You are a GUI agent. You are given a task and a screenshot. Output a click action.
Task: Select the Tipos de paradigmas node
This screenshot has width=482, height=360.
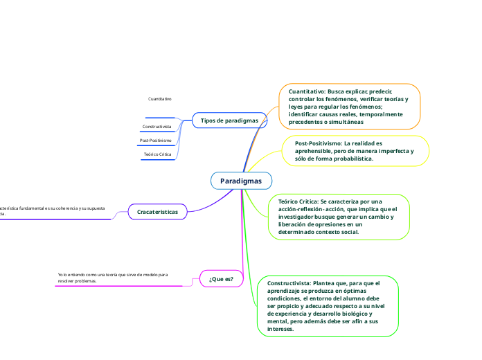tap(229, 120)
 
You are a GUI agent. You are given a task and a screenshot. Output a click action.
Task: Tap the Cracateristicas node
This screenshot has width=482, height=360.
tap(157, 211)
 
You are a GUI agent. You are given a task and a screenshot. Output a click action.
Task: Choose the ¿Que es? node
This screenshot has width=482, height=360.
tap(221, 278)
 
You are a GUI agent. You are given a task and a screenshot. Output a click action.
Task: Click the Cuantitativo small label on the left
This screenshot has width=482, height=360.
tap(160, 99)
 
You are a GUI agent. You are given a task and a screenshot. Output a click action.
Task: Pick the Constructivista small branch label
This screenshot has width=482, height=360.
tap(157, 127)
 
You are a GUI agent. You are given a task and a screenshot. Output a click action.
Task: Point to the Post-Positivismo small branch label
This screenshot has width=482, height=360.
tap(156, 141)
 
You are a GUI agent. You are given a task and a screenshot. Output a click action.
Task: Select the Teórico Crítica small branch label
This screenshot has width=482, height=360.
tap(157, 154)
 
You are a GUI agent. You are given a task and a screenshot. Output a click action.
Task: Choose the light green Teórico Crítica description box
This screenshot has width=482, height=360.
tap(339, 217)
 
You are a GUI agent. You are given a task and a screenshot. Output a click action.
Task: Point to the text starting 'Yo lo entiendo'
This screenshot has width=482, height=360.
tap(113, 278)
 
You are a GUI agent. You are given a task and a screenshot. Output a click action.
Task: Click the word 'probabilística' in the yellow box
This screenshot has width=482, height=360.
tap(350, 159)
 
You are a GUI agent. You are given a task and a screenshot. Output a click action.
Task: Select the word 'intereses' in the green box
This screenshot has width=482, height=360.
tap(280, 329)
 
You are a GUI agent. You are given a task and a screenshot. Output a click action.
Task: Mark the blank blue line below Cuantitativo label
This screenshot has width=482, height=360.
tap(160, 117)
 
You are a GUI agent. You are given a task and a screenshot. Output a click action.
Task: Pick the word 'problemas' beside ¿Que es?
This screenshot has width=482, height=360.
tap(84, 282)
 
